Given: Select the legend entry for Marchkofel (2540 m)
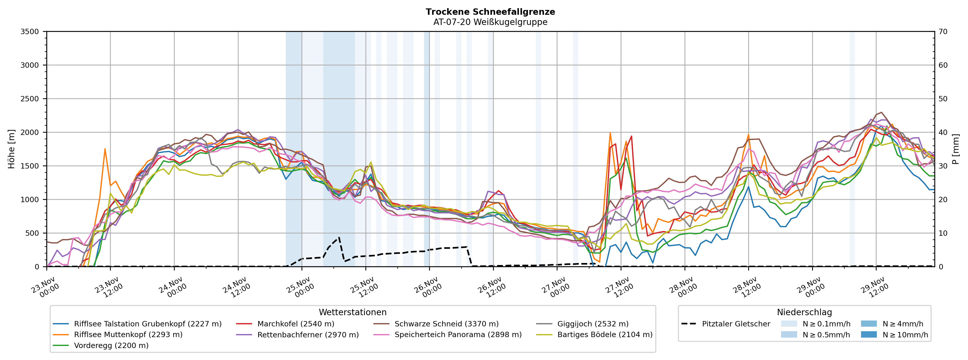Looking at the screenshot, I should pyautogui.click(x=295, y=324).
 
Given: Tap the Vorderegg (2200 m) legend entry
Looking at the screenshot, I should pyautogui.click(x=111, y=345).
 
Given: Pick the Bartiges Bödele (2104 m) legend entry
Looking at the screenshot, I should pyautogui.click(x=605, y=335).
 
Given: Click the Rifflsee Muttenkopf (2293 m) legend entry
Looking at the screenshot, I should pyautogui.click(x=128, y=335).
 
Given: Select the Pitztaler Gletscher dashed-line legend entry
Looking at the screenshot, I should pyautogui.click(x=736, y=324).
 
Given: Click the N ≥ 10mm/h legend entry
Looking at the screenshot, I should pyautogui.click(x=905, y=335).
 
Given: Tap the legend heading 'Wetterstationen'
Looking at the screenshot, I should pyautogui.click(x=352, y=312).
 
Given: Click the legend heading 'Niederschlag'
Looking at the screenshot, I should pyautogui.click(x=804, y=312).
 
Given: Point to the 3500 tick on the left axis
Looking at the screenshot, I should pyautogui.click(x=30, y=32).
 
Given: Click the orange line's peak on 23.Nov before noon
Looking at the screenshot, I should pyautogui.click(x=105, y=149).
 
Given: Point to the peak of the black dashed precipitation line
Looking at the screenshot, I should pyautogui.click(x=339, y=237).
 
